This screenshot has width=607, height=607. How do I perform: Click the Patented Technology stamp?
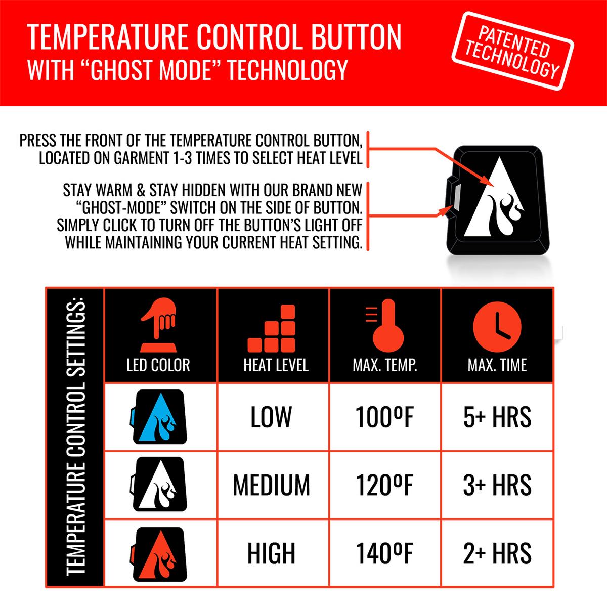click(512, 51)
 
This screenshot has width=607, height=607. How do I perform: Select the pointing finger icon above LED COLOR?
click(158, 325)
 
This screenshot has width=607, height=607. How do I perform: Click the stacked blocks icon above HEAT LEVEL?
click(272, 328)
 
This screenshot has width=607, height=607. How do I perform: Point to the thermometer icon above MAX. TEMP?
click(385, 325)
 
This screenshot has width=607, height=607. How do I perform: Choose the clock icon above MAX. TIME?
click(497, 327)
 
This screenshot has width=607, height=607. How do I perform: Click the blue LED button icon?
click(158, 417)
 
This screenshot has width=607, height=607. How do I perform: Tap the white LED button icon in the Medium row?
click(158, 484)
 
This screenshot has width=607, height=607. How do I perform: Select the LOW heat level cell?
click(271, 417)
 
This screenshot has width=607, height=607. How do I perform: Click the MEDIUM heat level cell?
click(272, 485)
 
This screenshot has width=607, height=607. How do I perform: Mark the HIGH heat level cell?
click(272, 553)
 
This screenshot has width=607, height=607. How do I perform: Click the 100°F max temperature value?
click(384, 417)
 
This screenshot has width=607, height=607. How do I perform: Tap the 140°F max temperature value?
click(384, 553)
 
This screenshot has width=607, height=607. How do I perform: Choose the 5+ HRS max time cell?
click(497, 417)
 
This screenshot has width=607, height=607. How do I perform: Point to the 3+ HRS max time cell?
click(497, 485)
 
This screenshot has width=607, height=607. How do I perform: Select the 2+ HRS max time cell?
click(497, 553)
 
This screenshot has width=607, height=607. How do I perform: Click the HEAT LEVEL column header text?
click(276, 365)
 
